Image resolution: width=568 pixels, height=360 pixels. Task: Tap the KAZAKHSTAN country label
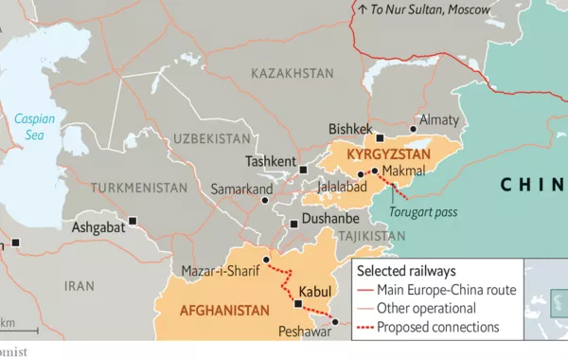coord(293,73)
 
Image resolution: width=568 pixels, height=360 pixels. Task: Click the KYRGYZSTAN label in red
coord(389,153)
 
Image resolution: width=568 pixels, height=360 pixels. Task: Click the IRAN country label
coord(79,285)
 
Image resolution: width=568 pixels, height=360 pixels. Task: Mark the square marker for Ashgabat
coord(133,221)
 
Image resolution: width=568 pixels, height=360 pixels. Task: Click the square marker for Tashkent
coord(303,170)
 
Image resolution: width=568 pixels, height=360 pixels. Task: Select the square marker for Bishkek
coord(380,138)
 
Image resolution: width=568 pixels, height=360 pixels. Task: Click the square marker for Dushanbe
coord(293,225)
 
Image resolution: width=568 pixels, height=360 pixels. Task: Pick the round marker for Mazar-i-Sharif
coord(266,259)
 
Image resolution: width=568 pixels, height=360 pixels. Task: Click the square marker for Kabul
coord(298,304)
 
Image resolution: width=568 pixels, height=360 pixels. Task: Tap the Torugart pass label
coord(423,212)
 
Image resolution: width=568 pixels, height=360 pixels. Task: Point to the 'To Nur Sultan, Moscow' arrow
coord(362,9)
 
